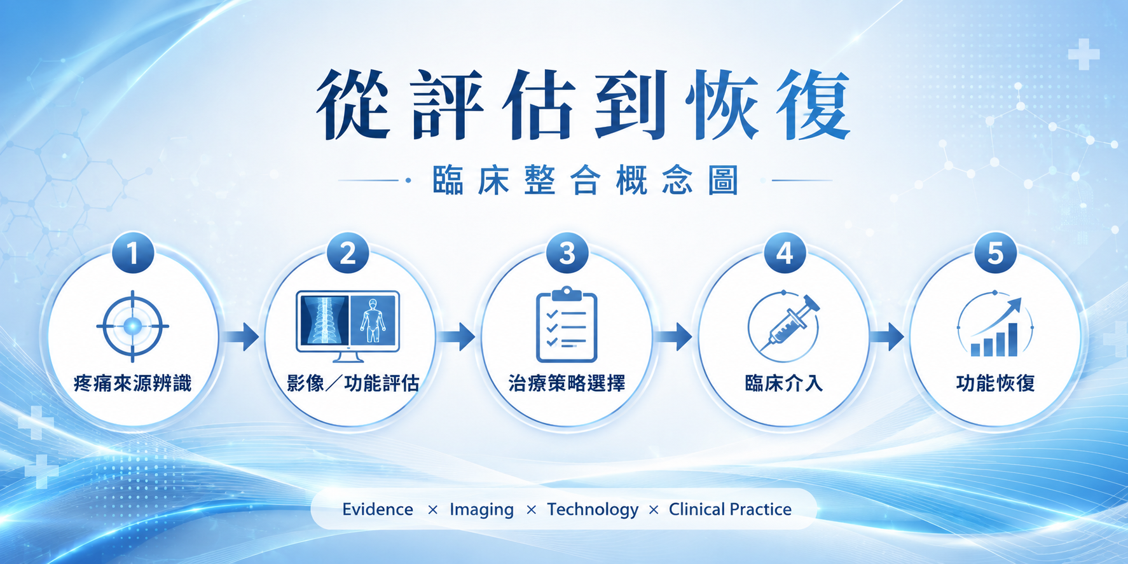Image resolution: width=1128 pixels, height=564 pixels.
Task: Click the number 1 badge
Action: (133, 253)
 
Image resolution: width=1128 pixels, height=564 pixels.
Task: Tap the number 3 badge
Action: (567, 253)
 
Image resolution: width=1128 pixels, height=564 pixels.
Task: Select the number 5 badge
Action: (995, 253)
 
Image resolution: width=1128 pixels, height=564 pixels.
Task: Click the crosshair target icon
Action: (133, 326)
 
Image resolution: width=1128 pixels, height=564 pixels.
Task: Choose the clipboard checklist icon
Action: (567, 324)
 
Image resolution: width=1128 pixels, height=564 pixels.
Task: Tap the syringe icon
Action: (784, 326)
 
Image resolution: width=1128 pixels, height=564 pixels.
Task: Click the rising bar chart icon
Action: (995, 326)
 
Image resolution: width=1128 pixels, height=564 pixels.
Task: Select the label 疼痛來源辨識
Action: (132, 383)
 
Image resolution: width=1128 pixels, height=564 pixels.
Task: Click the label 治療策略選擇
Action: (567, 383)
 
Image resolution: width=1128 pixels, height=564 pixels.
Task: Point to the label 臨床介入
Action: (784, 383)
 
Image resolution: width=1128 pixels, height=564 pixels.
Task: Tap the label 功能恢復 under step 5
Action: (996, 383)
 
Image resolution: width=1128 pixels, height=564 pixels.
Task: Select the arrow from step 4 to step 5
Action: (887, 336)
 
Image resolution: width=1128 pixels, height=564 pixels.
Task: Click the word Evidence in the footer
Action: (378, 509)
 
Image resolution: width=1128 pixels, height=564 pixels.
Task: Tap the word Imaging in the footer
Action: (481, 510)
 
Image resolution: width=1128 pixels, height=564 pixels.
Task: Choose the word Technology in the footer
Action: (593, 510)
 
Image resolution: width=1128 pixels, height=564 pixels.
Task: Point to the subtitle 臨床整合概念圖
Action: (586, 180)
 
